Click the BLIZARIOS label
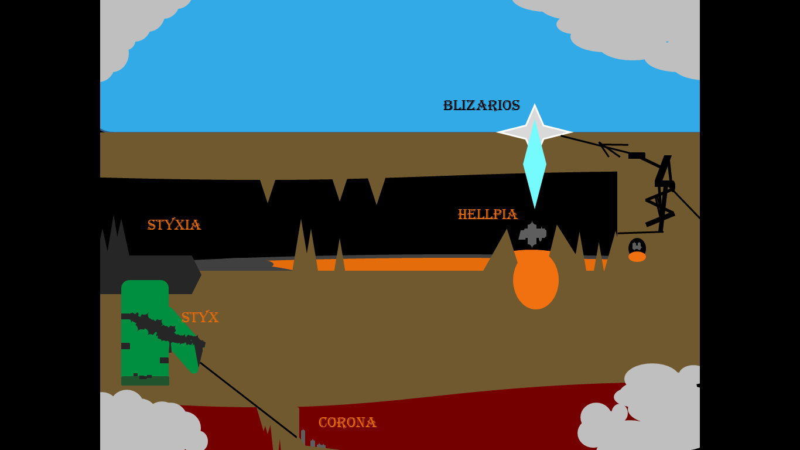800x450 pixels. pos(481,105)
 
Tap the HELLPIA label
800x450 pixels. pos(487,214)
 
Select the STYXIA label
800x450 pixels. pos(174,225)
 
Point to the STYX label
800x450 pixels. pos(200,318)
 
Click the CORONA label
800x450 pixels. pos(347,422)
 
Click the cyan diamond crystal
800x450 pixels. pos(535,167)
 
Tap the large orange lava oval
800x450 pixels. pos(536,280)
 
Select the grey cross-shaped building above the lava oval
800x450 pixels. pos(532,233)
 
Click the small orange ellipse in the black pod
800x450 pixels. pos(637,257)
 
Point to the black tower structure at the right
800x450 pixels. pos(663,193)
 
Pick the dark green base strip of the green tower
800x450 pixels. pos(145,381)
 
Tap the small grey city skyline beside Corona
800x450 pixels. pos(310,441)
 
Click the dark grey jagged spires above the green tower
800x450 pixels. pos(115,237)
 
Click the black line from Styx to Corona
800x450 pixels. pos(249,400)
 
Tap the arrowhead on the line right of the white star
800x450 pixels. pos(607,147)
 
